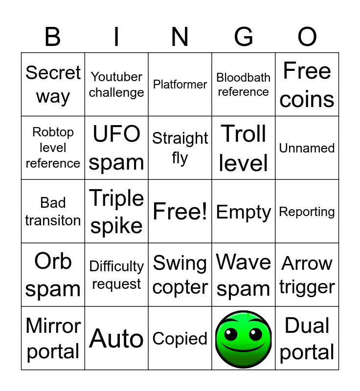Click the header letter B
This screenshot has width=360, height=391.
pyautogui.click(x=53, y=37)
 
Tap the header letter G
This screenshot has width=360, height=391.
pyautogui.click(x=244, y=37)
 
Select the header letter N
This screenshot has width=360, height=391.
pyautogui.click(x=180, y=37)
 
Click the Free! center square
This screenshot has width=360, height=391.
pyautogui.click(x=180, y=212)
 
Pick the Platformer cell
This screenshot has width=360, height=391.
pyautogui.click(x=180, y=84)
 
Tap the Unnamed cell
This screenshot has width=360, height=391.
pyautogui.click(x=307, y=148)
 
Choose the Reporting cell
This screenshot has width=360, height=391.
pyautogui.click(x=307, y=212)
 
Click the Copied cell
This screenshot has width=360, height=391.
pyautogui.click(x=180, y=338)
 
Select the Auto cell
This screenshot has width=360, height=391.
pyautogui.click(x=116, y=338)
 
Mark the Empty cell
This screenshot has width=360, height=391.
pyautogui.click(x=244, y=212)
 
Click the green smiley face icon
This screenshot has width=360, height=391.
pyautogui.click(x=244, y=339)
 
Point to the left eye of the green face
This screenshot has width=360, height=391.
pyautogui.click(x=230, y=334)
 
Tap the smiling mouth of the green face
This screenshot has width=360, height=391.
pyautogui.click(x=243, y=348)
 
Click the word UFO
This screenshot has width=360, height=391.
pyautogui.click(x=116, y=133)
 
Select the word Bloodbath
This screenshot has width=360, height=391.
pyautogui.click(x=243, y=78)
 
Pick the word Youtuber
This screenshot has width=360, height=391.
pyautogui.click(x=116, y=77)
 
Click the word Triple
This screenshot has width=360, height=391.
pyautogui.click(x=116, y=198)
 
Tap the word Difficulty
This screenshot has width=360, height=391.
pyautogui.click(x=116, y=266)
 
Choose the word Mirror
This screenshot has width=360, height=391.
pyautogui.click(x=53, y=326)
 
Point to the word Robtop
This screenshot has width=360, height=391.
pyautogui.click(x=53, y=132)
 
